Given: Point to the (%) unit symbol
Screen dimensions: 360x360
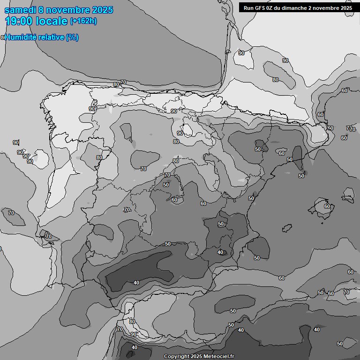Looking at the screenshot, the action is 72,37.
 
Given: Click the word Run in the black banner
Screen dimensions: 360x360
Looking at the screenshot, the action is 248,8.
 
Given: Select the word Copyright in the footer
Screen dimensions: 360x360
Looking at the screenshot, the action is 177,356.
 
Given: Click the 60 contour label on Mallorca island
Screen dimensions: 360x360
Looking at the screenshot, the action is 327,206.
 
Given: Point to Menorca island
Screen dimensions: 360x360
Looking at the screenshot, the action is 348,194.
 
